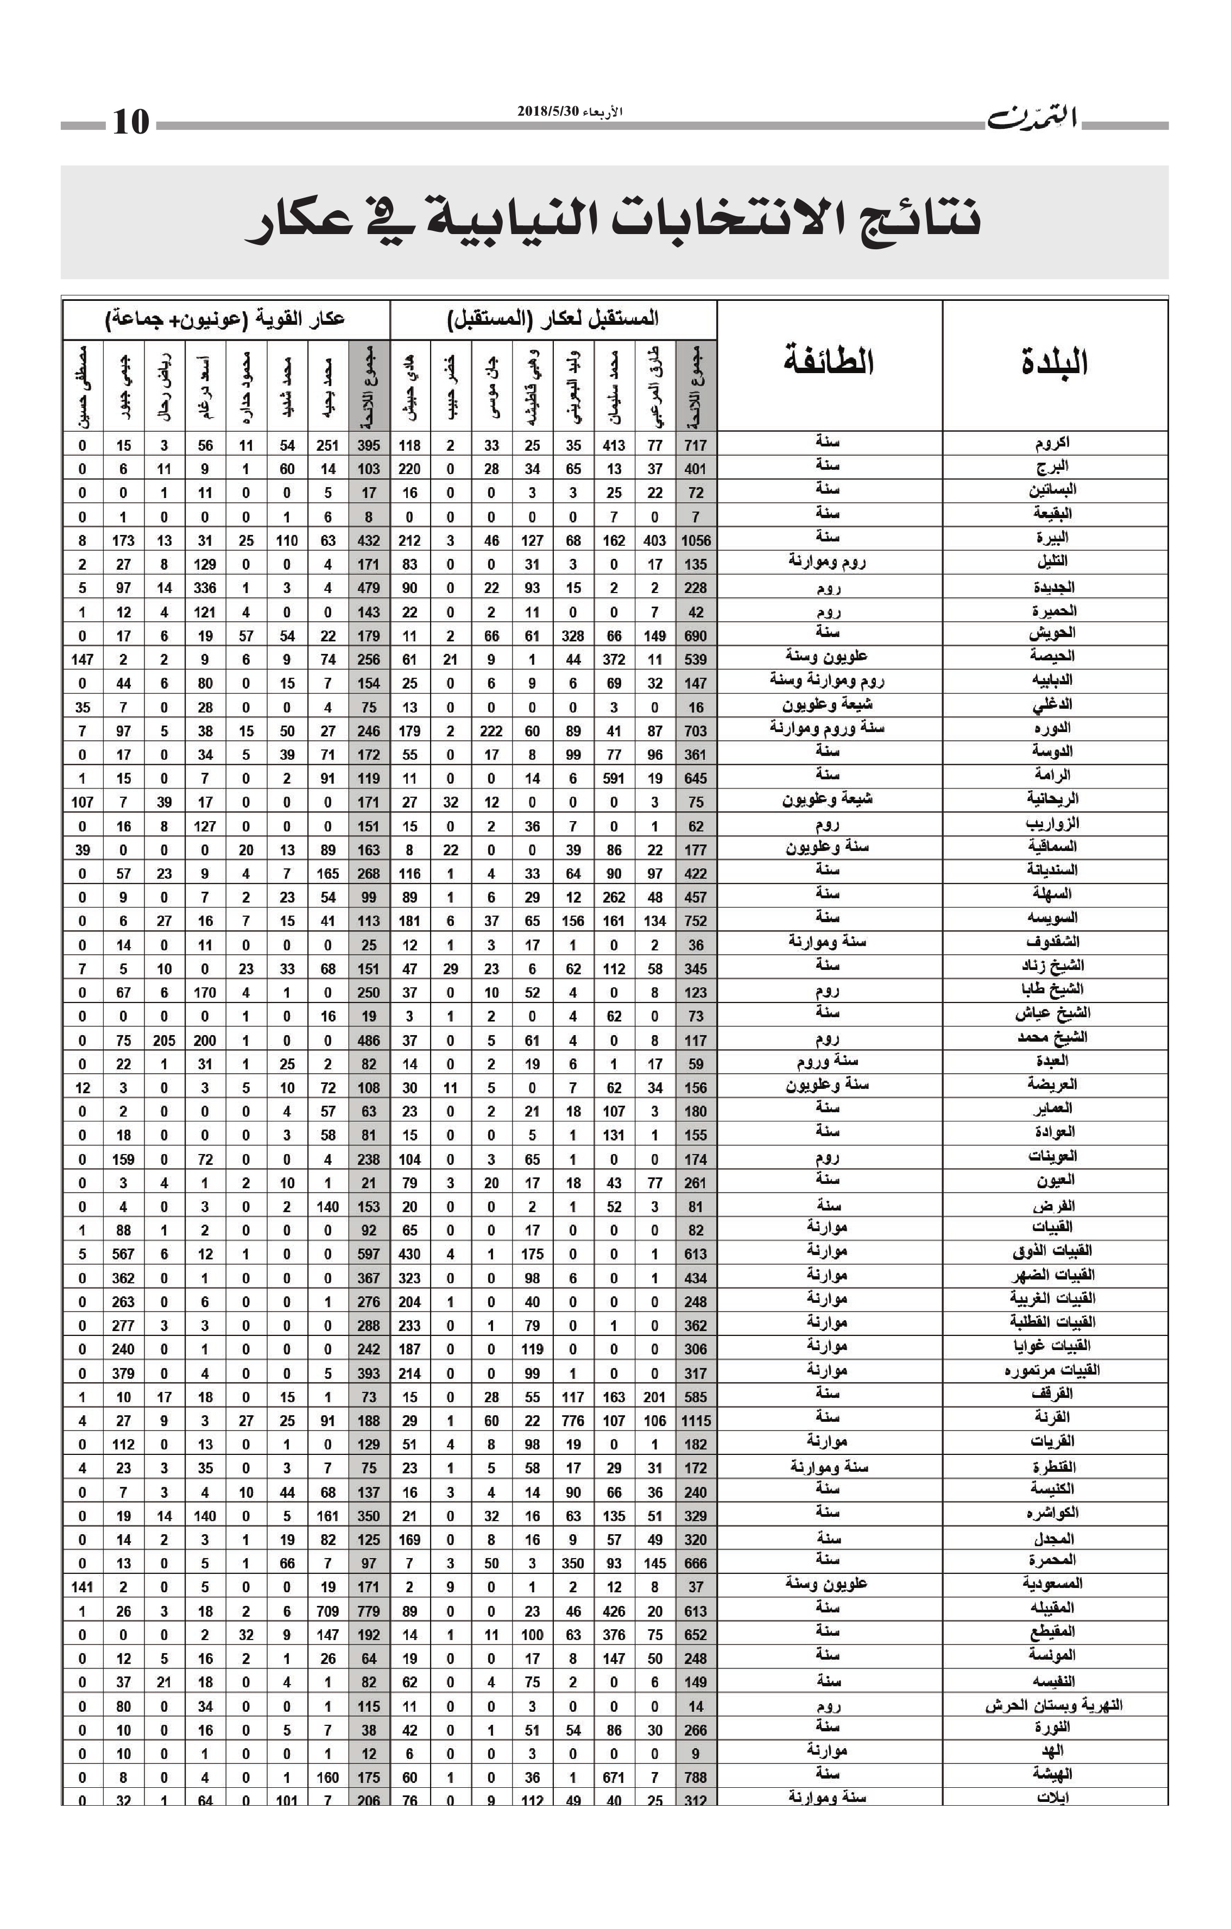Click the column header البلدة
coord(1054,363)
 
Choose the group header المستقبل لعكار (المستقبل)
coord(553,319)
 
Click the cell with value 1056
coord(695,541)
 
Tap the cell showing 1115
coord(695,1420)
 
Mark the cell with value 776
coord(573,1420)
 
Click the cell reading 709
coord(327,1611)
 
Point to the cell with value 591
coord(614,778)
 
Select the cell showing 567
coord(123,1254)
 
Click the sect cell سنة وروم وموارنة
coord(828,728)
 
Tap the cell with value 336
coord(205,588)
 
